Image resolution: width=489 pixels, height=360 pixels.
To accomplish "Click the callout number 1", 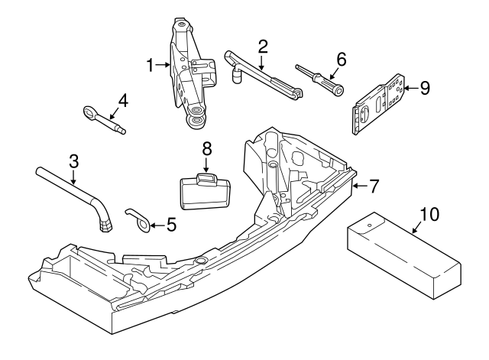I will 151,66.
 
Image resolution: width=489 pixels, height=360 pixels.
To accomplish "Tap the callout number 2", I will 262,46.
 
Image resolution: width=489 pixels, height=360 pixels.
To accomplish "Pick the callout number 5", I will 171,225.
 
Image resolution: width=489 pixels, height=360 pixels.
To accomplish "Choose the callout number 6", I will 341,58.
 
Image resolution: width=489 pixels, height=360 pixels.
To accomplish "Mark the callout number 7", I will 374,184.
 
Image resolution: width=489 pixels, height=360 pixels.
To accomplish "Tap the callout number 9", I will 424,88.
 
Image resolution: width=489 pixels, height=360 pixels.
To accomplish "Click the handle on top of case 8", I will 206,178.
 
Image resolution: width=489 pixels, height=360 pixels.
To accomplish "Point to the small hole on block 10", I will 368,226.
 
